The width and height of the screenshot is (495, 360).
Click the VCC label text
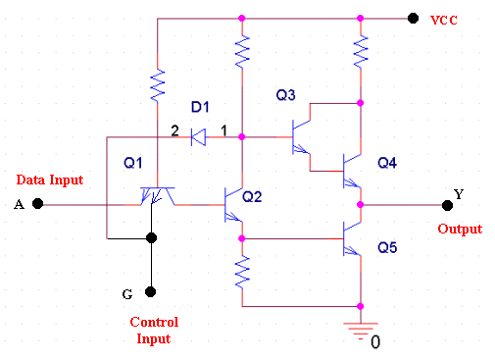(444, 21)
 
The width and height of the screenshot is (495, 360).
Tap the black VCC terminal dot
(413, 19)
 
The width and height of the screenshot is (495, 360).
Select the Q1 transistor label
(133, 163)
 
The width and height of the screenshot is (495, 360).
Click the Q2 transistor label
(252, 197)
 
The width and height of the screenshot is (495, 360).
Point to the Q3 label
(285, 95)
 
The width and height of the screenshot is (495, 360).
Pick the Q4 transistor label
(387, 163)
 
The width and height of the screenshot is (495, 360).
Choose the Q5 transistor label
(387, 247)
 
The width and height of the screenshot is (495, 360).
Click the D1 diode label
(200, 107)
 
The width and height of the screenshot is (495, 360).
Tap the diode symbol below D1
(198, 137)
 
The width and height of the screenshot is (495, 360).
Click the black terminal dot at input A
(38, 204)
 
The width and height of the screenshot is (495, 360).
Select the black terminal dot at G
(150, 291)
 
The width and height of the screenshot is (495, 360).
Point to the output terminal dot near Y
(447, 205)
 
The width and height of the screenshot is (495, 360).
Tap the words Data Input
(50, 180)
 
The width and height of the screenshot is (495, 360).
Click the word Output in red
(460, 229)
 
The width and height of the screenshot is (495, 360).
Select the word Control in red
(154, 322)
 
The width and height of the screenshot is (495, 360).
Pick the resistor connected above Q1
(157, 85)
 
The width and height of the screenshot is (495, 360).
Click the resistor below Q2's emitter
(242, 273)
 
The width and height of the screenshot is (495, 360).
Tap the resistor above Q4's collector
(361, 52)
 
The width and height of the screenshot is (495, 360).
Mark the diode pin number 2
(175, 130)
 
